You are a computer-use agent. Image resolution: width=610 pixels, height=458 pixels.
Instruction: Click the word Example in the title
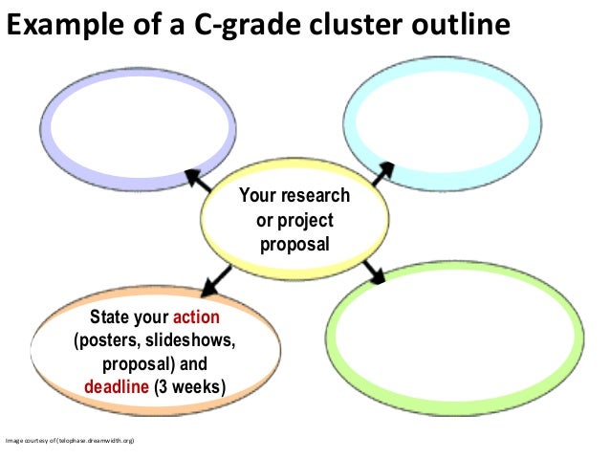pyautogui.click(x=59, y=24)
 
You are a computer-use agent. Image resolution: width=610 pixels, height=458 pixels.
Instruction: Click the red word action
pyautogui.click(x=196, y=318)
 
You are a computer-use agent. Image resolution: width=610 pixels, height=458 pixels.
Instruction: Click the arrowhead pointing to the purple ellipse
pyautogui.click(x=192, y=176)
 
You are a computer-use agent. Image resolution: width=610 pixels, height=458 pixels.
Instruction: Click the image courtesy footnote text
pyautogui.click(x=73, y=441)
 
